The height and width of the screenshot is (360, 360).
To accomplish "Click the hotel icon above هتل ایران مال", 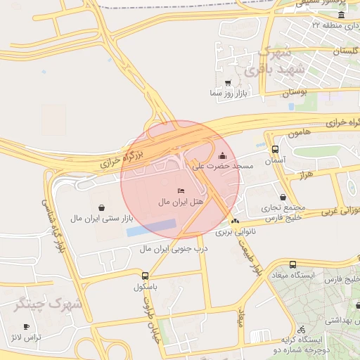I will (181, 191).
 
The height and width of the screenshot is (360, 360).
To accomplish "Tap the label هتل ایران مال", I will (181, 202).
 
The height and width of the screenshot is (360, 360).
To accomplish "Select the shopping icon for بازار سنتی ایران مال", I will (103, 207).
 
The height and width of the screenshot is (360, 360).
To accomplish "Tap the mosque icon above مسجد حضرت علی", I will (223, 156).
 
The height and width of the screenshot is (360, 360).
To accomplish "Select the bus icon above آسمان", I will (274, 150).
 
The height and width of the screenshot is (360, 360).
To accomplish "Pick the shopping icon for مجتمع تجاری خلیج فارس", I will (282, 198).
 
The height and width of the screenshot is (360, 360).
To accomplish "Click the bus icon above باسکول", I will (145, 276).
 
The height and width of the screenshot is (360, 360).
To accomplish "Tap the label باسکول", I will (146, 288).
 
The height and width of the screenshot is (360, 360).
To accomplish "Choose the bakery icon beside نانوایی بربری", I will (235, 221).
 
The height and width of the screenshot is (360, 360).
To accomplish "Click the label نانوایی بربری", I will (232, 231).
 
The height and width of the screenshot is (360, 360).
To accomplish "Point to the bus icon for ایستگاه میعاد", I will (292, 264).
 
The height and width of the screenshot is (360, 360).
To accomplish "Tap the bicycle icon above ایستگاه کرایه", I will (301, 329).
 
